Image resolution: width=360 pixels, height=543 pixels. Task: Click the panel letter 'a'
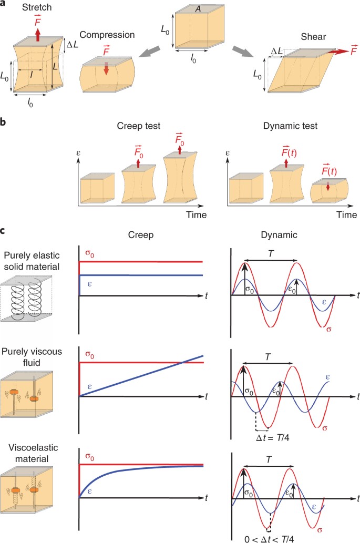pyautogui.click(x=4, y=4)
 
